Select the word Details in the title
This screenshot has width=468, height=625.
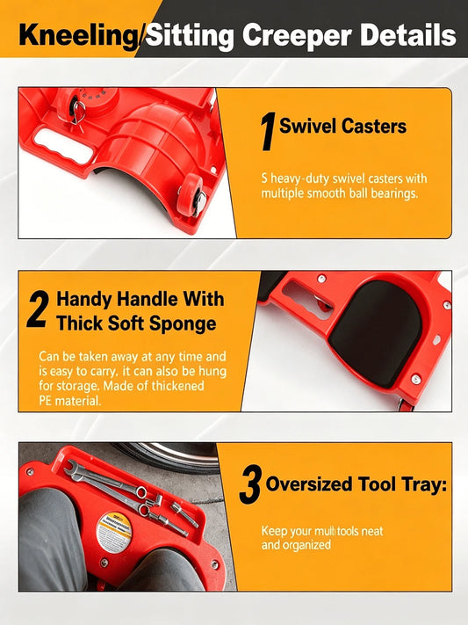(408, 35)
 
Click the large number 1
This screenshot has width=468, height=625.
(268, 132)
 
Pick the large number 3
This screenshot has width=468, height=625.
(250, 484)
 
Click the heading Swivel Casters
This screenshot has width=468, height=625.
(343, 126)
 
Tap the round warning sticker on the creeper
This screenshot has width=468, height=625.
(114, 532)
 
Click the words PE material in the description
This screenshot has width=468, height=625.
(69, 401)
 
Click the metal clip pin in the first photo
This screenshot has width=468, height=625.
(78, 113)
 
